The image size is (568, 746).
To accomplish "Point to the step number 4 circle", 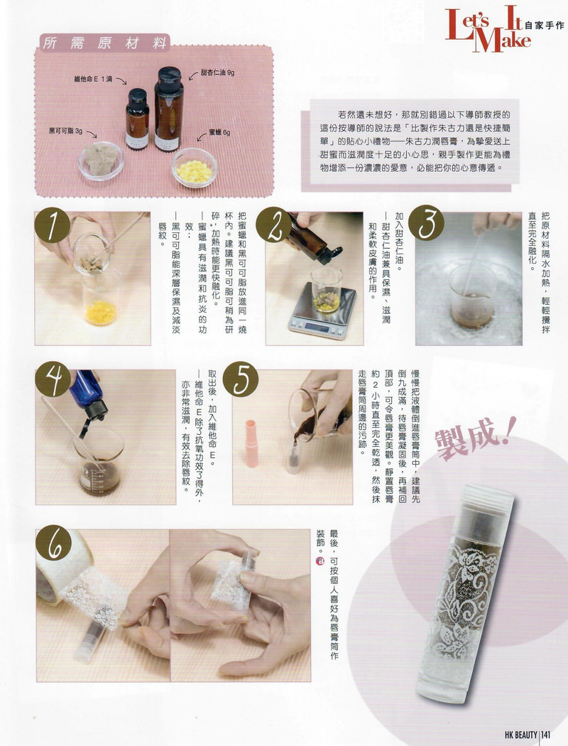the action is point(53,379).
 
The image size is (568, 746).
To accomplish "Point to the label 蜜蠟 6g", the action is point(219,133).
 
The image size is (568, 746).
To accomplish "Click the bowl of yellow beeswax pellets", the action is point(195,168).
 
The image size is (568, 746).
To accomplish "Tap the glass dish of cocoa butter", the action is point(102,161).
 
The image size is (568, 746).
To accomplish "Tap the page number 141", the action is point(546,735).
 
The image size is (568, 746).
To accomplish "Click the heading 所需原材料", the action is point(104,43).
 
